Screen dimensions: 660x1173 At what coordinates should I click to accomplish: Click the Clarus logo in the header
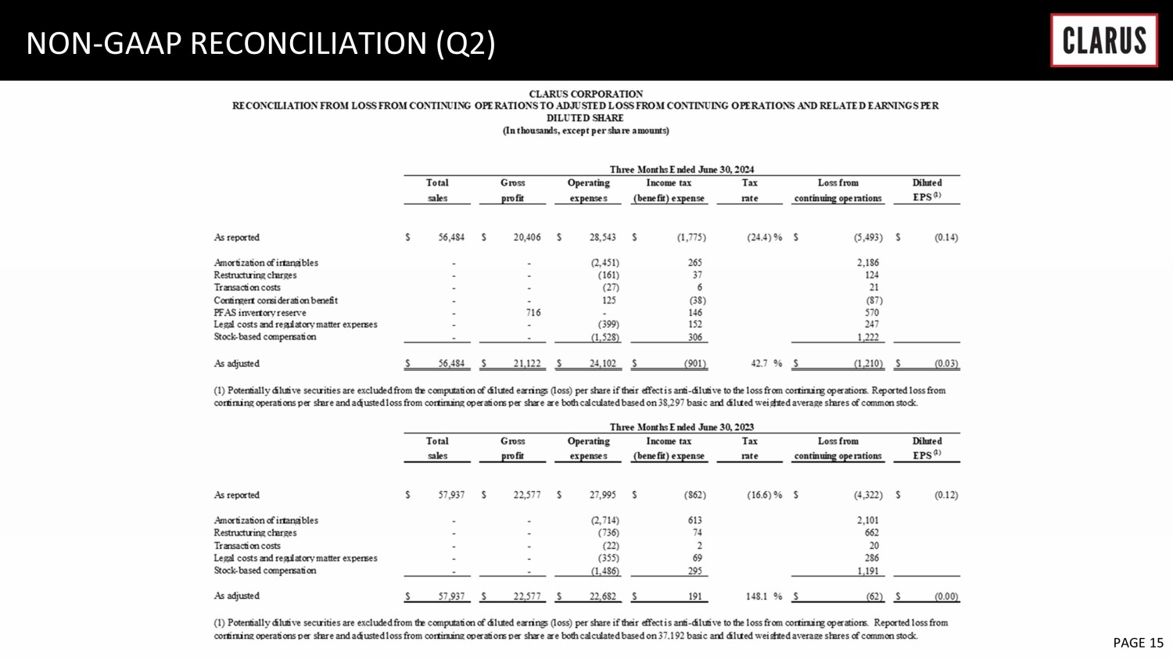pos(1103,40)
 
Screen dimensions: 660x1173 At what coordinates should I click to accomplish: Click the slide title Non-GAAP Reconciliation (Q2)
pos(260,43)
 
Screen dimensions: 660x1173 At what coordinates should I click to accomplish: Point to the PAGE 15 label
pos(1138,643)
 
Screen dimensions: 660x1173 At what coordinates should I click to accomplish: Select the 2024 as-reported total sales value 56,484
pos(451,238)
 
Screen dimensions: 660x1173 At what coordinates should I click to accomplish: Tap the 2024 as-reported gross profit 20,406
pos(526,238)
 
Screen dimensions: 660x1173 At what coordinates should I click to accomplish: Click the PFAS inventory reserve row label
pos(260,313)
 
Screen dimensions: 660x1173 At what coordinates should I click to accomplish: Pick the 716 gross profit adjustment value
pos(533,313)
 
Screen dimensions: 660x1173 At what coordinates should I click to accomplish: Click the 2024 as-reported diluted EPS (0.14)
pos(945,238)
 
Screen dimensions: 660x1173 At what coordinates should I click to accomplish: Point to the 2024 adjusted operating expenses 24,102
pos(602,364)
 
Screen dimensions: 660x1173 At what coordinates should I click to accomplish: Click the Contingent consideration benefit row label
pos(275,300)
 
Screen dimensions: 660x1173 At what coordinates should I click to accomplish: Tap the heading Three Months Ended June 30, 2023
pos(681,427)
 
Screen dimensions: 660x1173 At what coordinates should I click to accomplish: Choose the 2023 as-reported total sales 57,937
pos(451,495)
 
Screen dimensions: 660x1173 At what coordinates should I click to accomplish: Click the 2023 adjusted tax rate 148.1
pos(758,597)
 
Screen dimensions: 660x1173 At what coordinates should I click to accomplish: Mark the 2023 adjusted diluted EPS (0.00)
pos(945,597)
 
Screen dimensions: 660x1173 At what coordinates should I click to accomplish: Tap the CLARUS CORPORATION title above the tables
pos(586,94)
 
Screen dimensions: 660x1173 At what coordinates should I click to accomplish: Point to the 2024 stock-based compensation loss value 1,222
pos(867,337)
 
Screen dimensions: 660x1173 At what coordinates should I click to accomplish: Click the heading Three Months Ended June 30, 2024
pos(681,169)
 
